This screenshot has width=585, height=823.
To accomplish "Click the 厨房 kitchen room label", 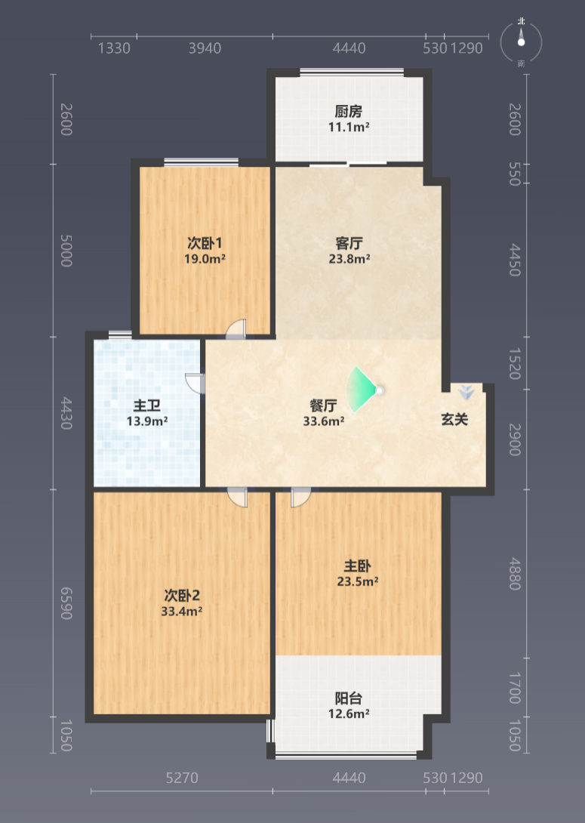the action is [x=349, y=111].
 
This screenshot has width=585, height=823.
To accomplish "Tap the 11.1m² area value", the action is [x=349, y=127].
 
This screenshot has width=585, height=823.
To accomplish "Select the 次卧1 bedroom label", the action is [x=205, y=243].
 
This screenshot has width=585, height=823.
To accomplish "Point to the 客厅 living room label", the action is [x=349, y=243].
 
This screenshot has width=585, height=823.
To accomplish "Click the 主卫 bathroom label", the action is [x=147, y=405].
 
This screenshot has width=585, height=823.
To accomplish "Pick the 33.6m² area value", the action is [x=324, y=421].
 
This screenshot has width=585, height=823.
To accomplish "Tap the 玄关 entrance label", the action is [x=454, y=419].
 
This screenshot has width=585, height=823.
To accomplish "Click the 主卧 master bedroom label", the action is [x=357, y=566].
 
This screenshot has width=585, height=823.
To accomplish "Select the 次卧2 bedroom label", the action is [x=182, y=595].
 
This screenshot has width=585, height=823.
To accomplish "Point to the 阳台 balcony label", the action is [x=349, y=698].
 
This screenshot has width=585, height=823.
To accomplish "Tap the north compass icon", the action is [x=521, y=42].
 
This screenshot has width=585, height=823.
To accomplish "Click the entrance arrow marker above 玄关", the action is [x=466, y=392].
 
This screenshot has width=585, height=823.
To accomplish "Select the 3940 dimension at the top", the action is [x=205, y=48].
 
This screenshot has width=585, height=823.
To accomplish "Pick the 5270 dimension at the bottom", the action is [x=182, y=778].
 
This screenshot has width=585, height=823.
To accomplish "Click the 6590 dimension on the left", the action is [x=66, y=603].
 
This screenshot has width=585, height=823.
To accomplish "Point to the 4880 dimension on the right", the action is [x=515, y=574].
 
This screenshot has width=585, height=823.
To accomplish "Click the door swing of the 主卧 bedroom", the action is [x=300, y=497].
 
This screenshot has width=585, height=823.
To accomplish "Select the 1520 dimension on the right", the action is [x=515, y=363].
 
